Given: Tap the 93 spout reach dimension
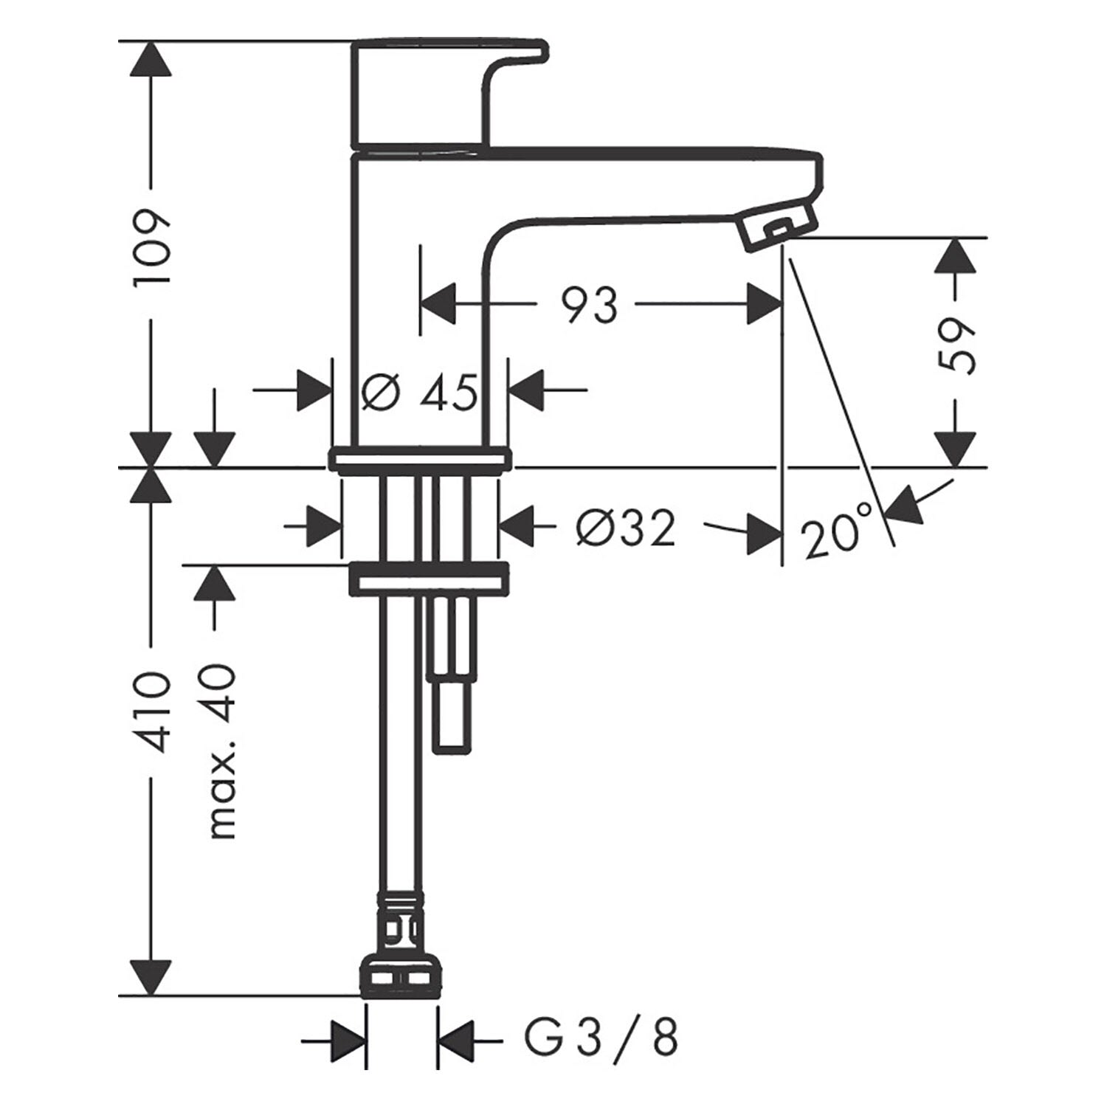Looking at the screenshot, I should click(589, 305).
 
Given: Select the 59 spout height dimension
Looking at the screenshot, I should click(958, 347).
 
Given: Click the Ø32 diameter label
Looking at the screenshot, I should click(627, 527).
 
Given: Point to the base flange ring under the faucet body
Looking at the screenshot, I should click(419, 461).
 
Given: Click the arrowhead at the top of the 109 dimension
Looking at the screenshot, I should click(151, 58).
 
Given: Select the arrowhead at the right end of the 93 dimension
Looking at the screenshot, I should click(763, 304).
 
